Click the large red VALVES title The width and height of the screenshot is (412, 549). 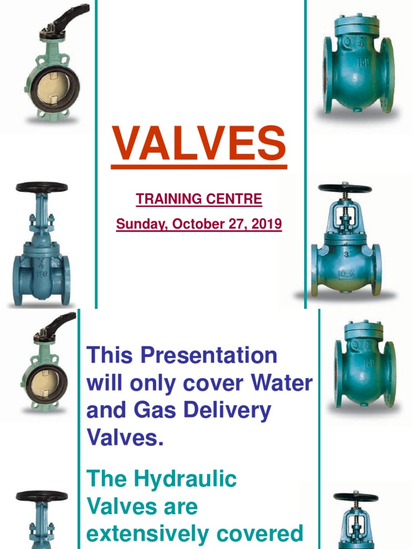point(198,144)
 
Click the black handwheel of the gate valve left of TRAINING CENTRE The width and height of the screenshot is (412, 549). point(41,188)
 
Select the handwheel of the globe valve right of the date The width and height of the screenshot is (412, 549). point(344,189)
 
